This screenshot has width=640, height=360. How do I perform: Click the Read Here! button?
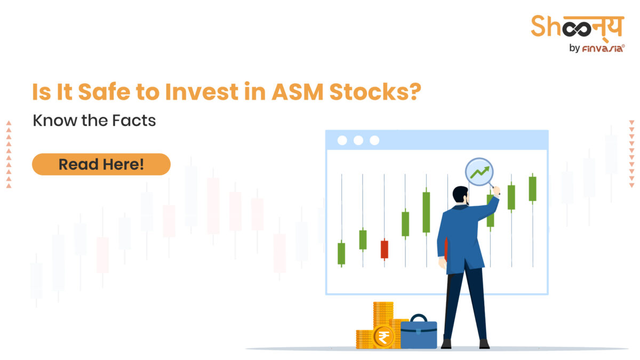(101, 164)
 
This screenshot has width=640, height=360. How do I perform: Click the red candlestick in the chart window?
(384, 249)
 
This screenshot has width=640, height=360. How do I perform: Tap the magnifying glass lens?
(479, 171)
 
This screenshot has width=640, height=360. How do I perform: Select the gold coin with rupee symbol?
(383, 337)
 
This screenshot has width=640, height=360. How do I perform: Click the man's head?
(460, 195)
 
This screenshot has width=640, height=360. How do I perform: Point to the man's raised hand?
(495, 190)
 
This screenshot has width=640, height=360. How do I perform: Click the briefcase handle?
(419, 318)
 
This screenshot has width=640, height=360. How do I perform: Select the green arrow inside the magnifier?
(479, 172)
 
